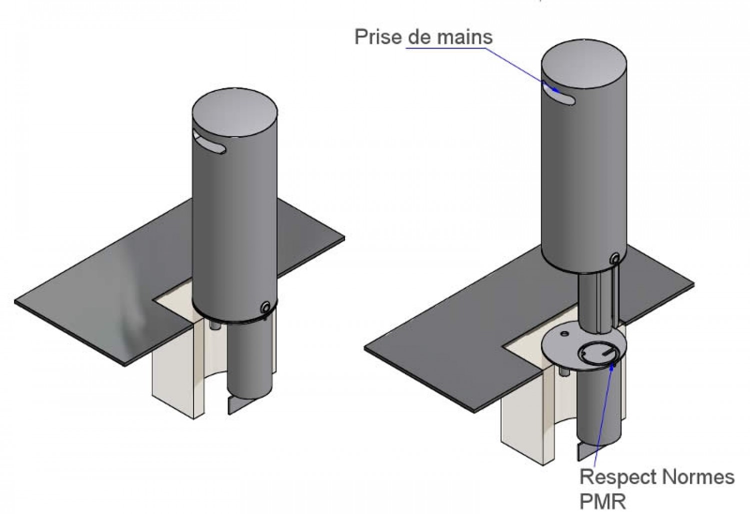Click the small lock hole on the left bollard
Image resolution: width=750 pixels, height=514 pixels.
[x=265, y=306]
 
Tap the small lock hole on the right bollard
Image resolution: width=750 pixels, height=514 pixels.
[x=615, y=258]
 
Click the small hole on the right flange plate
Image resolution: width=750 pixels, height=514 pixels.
[x=563, y=332]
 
